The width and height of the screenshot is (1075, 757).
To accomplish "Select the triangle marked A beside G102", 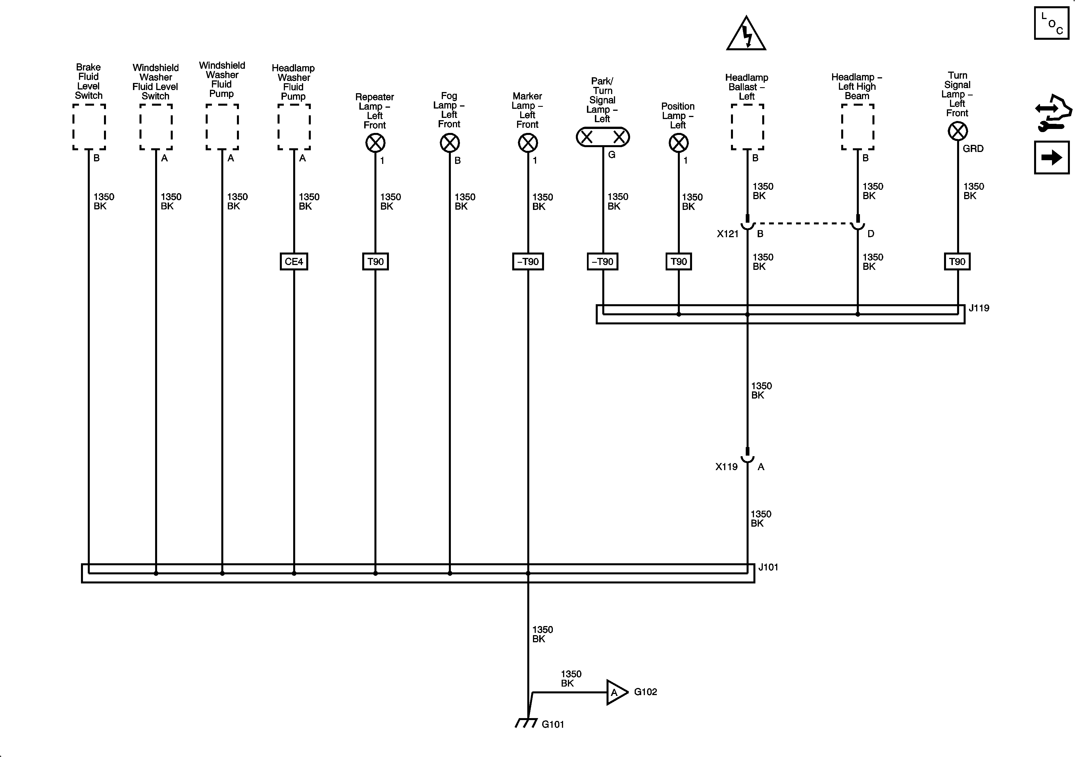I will point(616,692).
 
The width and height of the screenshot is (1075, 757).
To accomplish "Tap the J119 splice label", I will point(978,308).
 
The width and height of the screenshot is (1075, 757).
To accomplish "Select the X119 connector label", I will point(726,466).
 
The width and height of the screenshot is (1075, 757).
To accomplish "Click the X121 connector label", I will point(727,233).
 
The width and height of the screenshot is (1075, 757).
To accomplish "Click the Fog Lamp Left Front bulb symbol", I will point(449,143).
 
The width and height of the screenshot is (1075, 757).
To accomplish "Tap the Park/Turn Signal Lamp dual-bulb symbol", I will point(603,137).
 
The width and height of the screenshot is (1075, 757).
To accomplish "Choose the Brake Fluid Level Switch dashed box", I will point(89,127).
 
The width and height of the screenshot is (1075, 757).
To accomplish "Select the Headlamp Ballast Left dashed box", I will point(747,127).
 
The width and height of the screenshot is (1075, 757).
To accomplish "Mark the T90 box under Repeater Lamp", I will point(375,261).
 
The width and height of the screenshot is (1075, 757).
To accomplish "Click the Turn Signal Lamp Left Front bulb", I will point(957,131).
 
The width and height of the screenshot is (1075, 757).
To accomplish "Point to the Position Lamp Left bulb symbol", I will point(678,143).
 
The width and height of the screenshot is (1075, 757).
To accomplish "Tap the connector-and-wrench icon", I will point(1053,113).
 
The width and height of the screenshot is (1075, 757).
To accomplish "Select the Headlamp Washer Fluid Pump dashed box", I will point(294,127).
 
